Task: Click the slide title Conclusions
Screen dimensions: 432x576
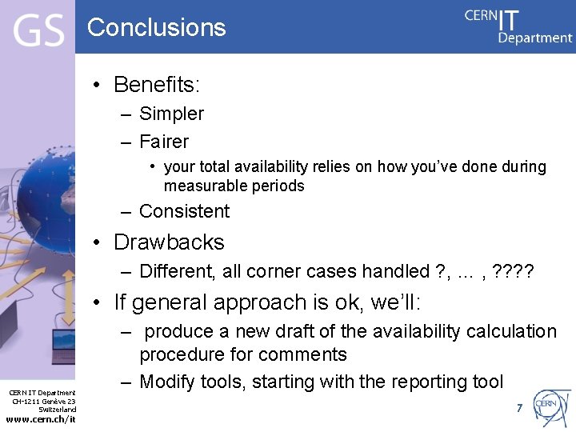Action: point(157,27)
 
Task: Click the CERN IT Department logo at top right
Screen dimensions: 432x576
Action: point(518,26)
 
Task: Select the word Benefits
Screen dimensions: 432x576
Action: point(156,84)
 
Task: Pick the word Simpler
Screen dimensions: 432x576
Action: point(171,114)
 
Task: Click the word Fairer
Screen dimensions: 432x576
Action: point(164,142)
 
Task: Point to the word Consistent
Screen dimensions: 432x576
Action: point(184,211)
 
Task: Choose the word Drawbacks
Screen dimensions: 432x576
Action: point(169,242)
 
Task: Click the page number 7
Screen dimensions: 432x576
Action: point(519,408)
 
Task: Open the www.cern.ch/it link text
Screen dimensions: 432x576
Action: point(40,420)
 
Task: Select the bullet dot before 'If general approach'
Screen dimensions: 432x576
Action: point(96,302)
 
